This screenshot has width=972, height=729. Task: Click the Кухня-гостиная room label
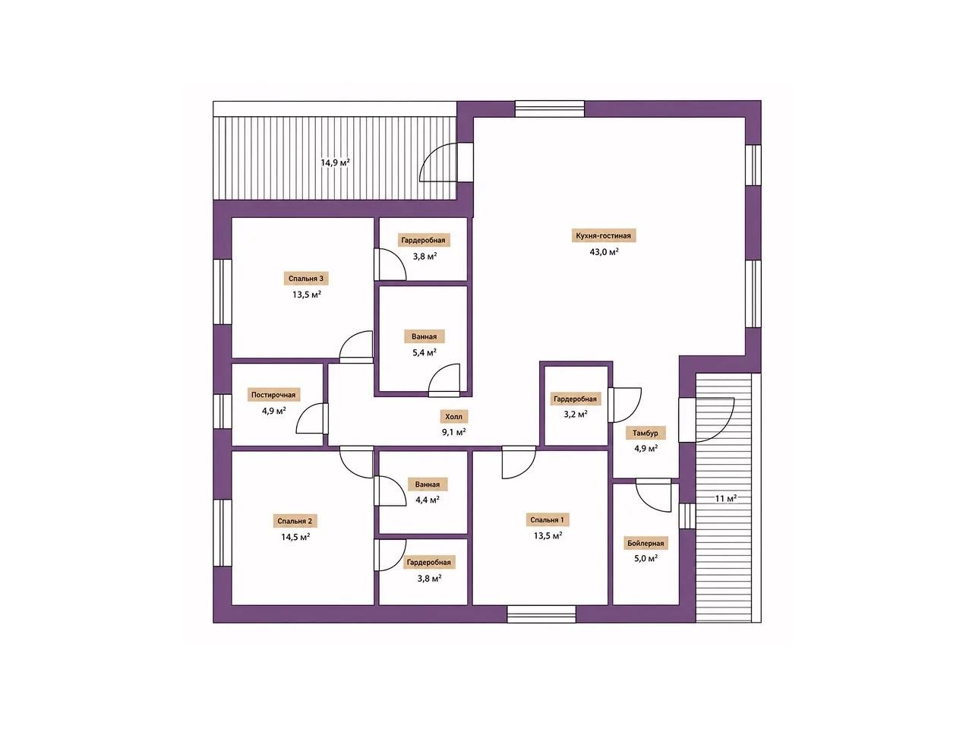pos(603,236)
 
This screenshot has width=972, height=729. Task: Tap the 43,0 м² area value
pos(604,251)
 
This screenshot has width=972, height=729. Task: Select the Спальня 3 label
pos(306,279)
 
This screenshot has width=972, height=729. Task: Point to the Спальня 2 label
pos(295,521)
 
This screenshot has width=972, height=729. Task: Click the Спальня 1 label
pos(548,519)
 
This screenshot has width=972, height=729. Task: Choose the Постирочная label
pos(273,395)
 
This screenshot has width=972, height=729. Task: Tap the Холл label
pos(453,416)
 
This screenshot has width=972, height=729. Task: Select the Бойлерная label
pos(645,543)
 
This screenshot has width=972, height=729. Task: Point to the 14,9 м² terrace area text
pos(335,162)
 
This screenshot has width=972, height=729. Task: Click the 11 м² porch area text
pos(726,498)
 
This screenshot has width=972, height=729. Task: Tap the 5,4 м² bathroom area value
pos(424,352)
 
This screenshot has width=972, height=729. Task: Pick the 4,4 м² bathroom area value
pos(427,500)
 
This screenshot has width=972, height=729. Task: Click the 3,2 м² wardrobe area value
pos(575,414)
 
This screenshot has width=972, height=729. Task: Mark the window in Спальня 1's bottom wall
pos(541,614)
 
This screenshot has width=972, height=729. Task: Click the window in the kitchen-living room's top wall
pos(550,109)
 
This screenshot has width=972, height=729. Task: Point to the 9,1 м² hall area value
pos(453,432)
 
